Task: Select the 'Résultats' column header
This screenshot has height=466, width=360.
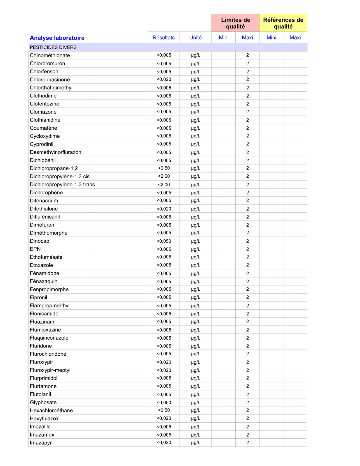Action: (164, 38)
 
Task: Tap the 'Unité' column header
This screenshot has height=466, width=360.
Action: (195, 38)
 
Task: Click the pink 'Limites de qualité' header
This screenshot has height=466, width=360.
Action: (235, 23)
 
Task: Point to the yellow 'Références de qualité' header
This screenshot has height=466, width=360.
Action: (283, 23)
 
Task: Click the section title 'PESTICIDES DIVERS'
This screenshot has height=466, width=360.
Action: (53, 47)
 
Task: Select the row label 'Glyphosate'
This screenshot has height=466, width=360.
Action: (43, 403)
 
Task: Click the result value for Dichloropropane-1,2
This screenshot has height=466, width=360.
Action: (164, 168)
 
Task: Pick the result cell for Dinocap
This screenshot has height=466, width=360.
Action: (164, 241)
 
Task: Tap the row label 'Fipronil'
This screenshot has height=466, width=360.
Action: (38, 297)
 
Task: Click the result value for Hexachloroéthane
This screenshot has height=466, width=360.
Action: (164, 410)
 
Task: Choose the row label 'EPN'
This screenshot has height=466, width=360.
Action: (35, 249)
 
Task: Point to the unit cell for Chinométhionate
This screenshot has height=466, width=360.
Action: (195, 55)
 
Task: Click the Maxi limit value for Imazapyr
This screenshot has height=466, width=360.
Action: (248, 443)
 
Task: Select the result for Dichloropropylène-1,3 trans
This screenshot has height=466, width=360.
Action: (164, 185)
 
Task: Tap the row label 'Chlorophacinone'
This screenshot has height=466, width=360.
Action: (50, 80)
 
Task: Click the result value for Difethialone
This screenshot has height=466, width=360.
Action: (164, 209)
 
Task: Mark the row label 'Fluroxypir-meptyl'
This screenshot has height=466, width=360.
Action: (50, 370)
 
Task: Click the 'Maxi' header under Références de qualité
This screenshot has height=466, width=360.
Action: (295, 38)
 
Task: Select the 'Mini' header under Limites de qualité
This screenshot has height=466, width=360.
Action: (224, 38)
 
